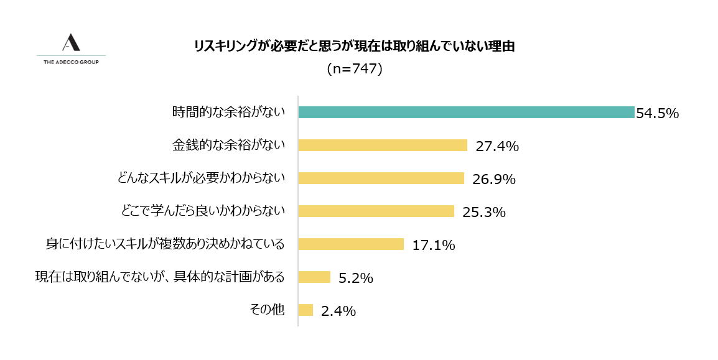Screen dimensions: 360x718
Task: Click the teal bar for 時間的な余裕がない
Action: point(466,113)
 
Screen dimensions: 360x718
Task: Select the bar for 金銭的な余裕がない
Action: point(383,145)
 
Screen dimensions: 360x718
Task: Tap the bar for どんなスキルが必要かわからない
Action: point(381,178)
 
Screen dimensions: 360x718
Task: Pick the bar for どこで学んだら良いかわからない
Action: point(376,211)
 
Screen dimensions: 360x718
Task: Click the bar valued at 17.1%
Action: point(351,244)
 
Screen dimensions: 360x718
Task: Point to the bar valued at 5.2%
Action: point(314,277)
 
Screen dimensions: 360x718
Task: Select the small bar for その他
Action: point(305,310)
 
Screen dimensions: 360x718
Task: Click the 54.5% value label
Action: point(656,114)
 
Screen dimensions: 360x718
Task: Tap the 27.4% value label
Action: point(497,147)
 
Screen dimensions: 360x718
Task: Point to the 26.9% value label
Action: point(494,180)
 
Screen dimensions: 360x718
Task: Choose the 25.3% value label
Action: point(483,213)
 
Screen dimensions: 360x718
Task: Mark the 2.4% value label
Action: point(338,312)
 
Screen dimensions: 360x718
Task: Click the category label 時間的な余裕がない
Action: point(228,112)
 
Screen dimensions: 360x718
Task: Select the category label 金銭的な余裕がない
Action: point(228,145)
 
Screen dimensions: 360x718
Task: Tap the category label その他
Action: point(267,310)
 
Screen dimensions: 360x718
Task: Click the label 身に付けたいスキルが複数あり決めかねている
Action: point(165,244)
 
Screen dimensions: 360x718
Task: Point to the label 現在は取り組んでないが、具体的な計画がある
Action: point(160,277)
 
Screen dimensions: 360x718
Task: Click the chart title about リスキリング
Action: point(354,47)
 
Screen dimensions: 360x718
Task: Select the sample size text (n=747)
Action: point(354,69)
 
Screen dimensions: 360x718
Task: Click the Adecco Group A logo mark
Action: point(72,43)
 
